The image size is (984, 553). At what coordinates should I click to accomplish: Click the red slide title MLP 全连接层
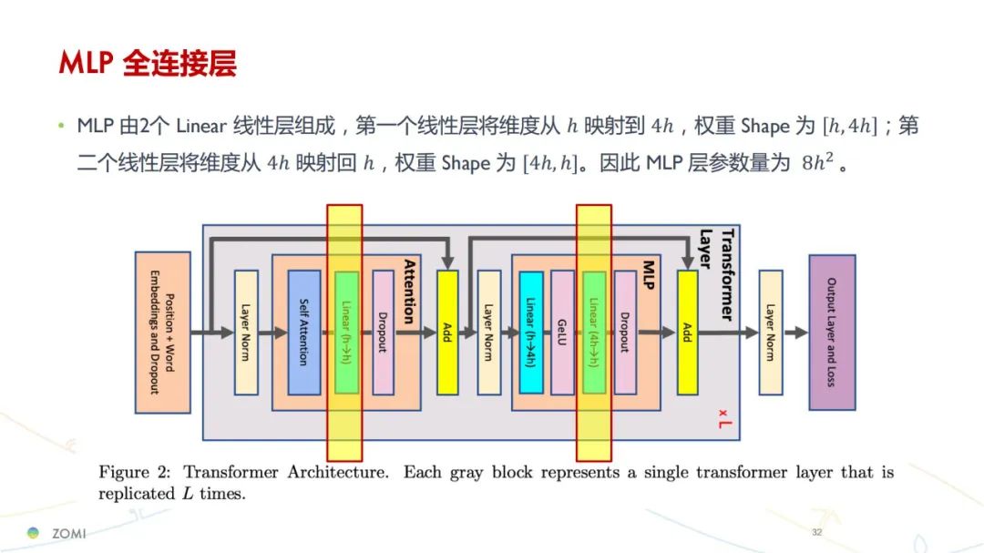(x=148, y=64)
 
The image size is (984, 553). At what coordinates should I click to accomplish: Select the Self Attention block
(x=303, y=332)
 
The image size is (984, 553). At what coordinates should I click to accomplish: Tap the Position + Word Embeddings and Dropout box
(x=162, y=332)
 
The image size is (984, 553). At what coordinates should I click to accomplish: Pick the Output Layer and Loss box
(x=832, y=332)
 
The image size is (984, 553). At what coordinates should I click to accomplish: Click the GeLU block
(x=562, y=332)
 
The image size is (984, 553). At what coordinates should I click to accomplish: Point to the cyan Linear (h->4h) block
(x=531, y=332)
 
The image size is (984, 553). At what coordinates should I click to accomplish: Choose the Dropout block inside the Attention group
(x=383, y=332)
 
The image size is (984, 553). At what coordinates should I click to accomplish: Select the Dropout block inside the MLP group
(x=625, y=332)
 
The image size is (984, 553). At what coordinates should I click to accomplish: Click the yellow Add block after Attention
(x=447, y=332)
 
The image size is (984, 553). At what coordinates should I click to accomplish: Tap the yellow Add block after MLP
(x=687, y=332)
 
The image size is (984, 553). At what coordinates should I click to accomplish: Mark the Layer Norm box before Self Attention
(x=246, y=332)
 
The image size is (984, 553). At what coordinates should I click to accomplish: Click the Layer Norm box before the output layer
(x=771, y=332)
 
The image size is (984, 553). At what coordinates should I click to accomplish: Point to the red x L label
(x=724, y=419)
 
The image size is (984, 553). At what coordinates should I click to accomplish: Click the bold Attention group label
(x=409, y=292)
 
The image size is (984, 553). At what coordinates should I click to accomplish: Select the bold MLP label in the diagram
(x=649, y=275)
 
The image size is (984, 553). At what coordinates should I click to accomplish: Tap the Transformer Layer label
(x=717, y=274)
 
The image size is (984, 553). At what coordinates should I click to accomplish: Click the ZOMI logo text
(x=68, y=534)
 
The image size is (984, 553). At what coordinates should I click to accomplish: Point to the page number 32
(x=816, y=532)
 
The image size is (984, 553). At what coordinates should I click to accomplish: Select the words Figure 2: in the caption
(x=134, y=472)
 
